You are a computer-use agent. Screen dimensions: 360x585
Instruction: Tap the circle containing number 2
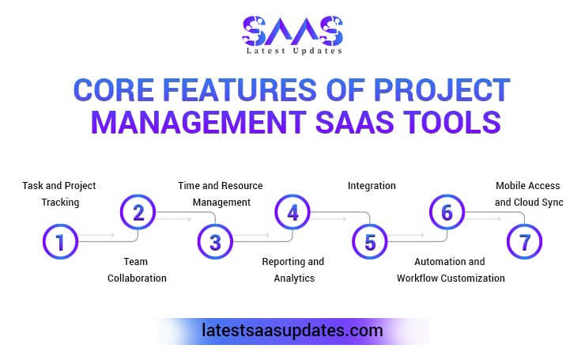click(138, 212)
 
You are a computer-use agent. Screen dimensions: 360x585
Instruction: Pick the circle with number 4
click(293, 212)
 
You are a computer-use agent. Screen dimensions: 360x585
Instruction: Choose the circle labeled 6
click(447, 212)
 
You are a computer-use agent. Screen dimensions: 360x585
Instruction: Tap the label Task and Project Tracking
click(58, 194)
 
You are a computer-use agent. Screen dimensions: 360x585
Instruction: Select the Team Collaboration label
click(138, 269)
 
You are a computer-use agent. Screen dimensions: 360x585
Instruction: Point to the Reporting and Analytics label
click(293, 269)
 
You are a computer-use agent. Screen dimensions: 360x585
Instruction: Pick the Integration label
click(372, 186)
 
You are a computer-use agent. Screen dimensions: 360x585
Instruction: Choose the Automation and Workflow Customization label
click(451, 269)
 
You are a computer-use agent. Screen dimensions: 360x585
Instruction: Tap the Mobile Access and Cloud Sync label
click(527, 194)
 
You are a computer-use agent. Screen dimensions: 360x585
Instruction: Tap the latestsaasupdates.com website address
click(293, 330)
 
